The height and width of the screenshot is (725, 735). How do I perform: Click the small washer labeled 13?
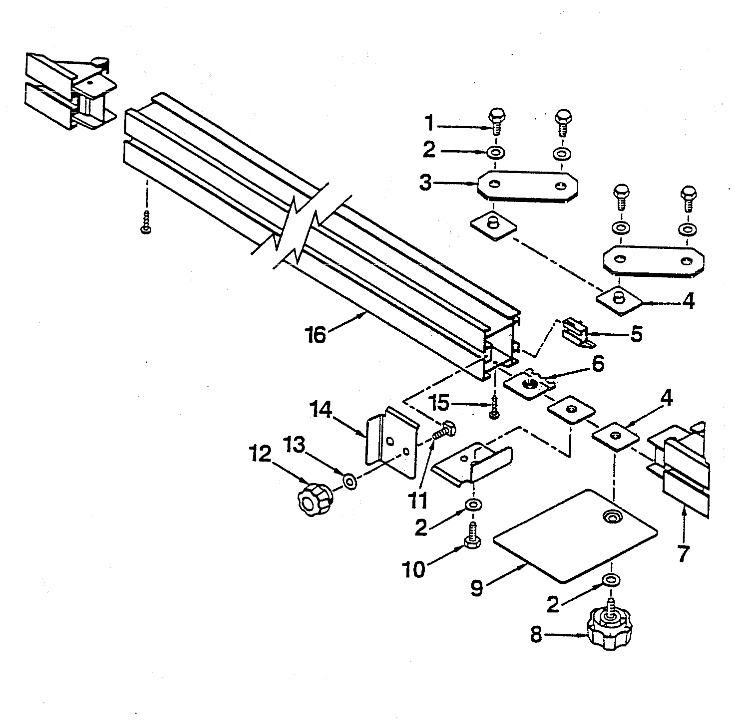click(x=350, y=482)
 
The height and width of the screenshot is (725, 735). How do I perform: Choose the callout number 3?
click(x=426, y=183)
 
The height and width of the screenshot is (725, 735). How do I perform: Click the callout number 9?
click(x=477, y=588)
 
